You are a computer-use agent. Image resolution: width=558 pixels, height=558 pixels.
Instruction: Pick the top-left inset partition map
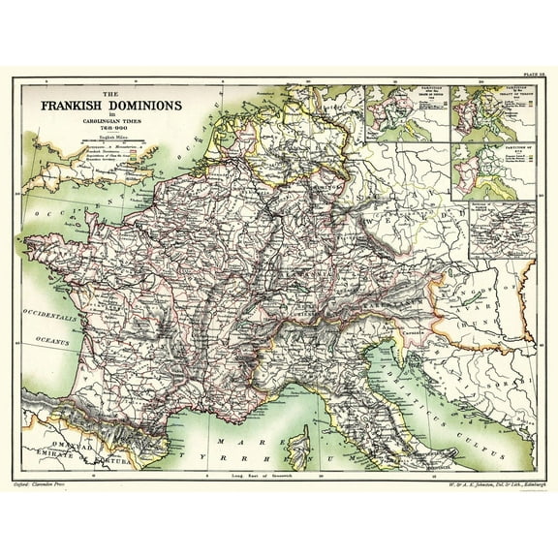(x=413, y=113)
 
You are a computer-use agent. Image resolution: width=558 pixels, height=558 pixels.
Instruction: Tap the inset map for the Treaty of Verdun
(x=493, y=113)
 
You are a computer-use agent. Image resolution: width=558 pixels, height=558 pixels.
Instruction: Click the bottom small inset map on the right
(x=502, y=230)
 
